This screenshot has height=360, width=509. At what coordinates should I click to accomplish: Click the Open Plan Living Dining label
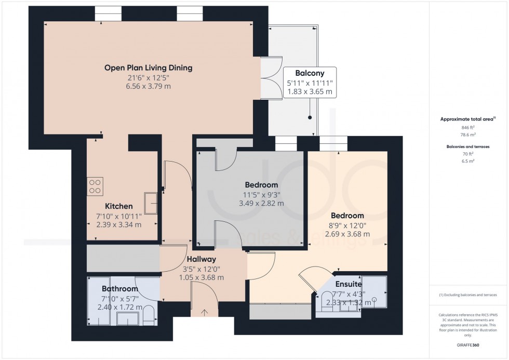pyautogui.click(x=148, y=68)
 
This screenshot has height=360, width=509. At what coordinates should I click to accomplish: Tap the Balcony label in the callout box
pyautogui.click(x=310, y=73)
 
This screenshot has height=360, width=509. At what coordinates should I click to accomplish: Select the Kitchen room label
pyautogui.click(x=119, y=206)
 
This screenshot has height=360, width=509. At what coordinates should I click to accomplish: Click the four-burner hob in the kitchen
pyautogui.click(x=96, y=185)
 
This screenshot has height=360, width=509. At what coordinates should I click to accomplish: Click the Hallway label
pyautogui.click(x=202, y=259)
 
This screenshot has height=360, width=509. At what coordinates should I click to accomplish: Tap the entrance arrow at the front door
pyautogui.click(x=204, y=312)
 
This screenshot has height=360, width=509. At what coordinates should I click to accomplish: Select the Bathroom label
pyautogui.click(x=119, y=289)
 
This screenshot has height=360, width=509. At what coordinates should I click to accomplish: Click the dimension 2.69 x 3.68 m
pyautogui.click(x=347, y=234)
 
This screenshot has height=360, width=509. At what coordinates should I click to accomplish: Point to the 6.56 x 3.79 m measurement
pyautogui.click(x=148, y=86)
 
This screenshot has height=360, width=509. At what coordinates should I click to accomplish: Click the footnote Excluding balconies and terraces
pyautogui.click(x=467, y=295)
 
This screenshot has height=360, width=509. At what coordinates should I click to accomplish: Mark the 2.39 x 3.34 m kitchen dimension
pyautogui.click(x=119, y=224)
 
